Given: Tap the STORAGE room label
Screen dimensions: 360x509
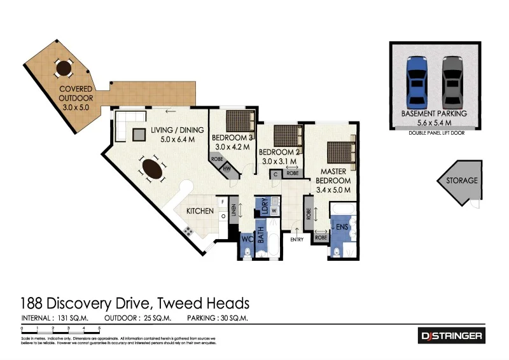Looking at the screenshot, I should click(461, 181).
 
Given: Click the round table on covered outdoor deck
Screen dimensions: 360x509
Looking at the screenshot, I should click(64, 67).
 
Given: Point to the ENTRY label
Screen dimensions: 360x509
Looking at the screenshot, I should click(297, 239).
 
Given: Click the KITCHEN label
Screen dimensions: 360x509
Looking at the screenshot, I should click(199, 211).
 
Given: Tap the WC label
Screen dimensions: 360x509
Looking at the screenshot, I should click(248, 240).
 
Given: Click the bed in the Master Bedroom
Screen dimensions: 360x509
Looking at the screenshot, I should click(338, 153).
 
